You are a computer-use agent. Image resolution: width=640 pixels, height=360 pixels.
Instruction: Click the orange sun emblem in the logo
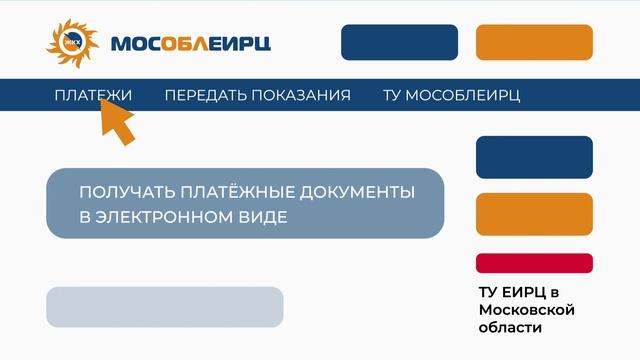click(x=72, y=41)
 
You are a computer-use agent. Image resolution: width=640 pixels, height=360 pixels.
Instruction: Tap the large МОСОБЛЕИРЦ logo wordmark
click(x=190, y=44)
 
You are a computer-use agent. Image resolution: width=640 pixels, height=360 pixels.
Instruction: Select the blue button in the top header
click(x=399, y=42)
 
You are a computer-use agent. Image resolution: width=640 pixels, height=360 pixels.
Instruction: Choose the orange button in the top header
click(x=534, y=42)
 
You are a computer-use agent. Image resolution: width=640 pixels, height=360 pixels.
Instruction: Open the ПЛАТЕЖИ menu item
click(x=93, y=95)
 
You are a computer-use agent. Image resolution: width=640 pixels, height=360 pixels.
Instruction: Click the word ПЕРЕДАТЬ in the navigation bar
click(x=205, y=95)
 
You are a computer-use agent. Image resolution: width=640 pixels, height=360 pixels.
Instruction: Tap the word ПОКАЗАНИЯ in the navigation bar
click(x=301, y=95)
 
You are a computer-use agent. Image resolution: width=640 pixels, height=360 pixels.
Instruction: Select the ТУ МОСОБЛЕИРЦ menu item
click(x=451, y=95)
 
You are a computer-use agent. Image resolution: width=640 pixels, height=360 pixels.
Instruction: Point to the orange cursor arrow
click(x=117, y=121)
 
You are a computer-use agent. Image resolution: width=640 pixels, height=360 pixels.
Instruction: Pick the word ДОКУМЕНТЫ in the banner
click(x=355, y=190)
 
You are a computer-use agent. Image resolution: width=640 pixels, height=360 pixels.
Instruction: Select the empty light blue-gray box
click(x=165, y=307)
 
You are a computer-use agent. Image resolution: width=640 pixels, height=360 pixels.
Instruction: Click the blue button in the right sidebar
click(x=534, y=157)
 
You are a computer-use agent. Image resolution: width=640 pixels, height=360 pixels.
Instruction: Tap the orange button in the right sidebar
click(x=534, y=213)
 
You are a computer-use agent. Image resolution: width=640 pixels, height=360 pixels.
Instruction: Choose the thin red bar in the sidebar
click(x=534, y=263)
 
